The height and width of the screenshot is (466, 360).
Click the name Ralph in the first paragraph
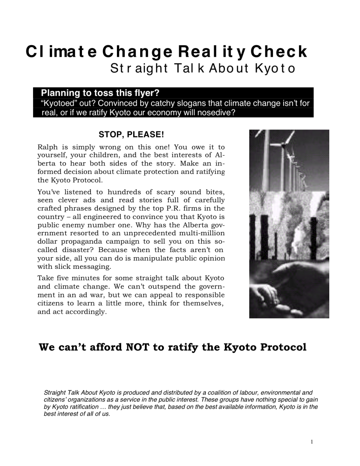pos(47,147)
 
